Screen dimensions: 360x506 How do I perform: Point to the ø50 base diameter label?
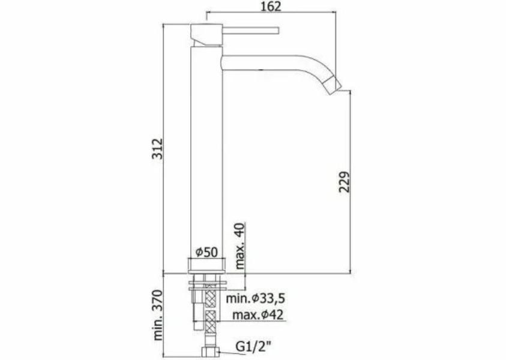tap(206, 252)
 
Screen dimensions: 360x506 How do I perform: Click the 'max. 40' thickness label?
tap(238, 246)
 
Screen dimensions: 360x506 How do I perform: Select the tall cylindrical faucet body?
tap(206, 150)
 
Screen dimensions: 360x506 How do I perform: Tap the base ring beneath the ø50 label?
tap(206, 265)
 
